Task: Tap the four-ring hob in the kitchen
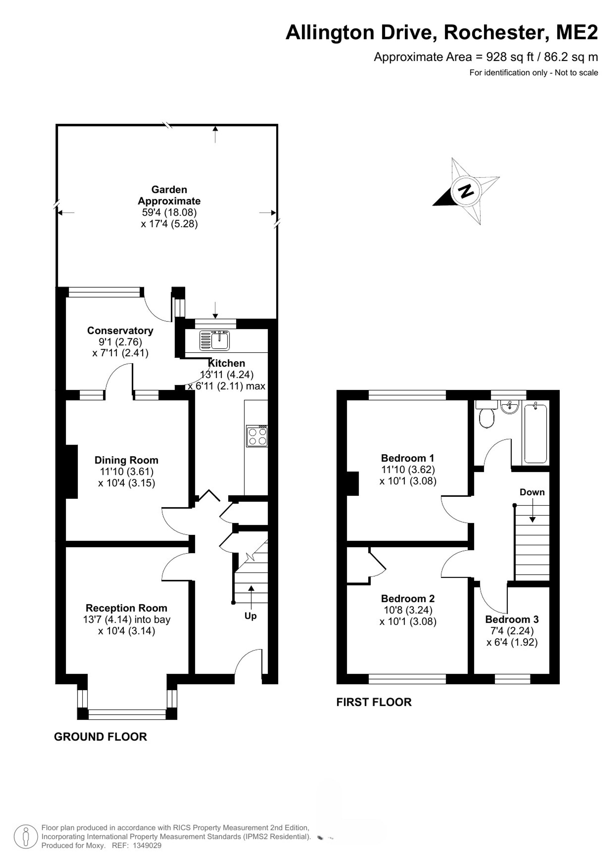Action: tap(257, 436)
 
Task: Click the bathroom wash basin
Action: tap(510, 407)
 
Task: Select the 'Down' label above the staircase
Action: tap(532, 492)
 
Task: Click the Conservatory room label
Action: tap(120, 331)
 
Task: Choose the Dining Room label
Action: tap(126, 460)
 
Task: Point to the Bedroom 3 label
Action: tap(512, 619)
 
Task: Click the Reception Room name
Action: tap(126, 608)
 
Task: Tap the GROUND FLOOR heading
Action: tap(101, 737)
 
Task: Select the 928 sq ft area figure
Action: tap(510, 57)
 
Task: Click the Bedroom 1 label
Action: tap(408, 458)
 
